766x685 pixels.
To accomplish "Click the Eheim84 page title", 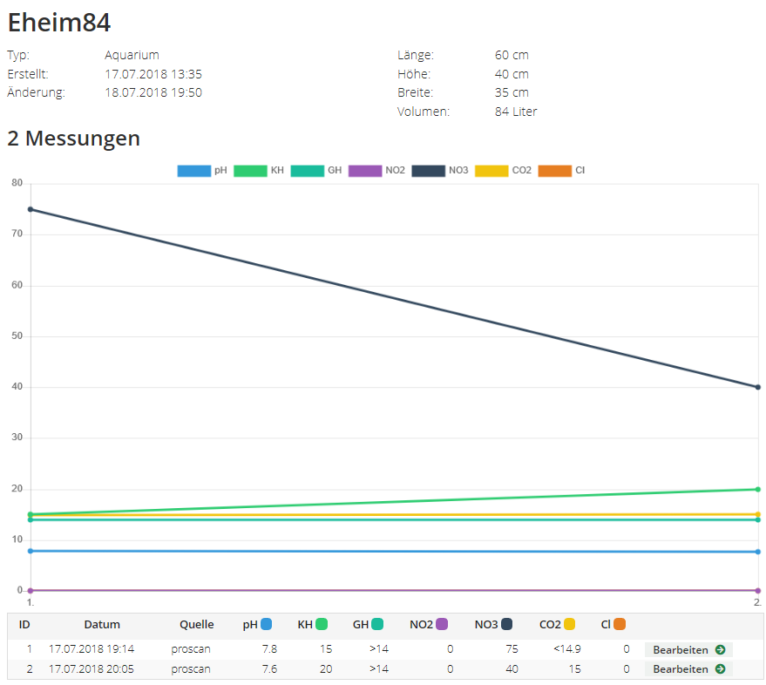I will pos(59,23).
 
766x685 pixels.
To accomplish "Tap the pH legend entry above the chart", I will pos(202,170).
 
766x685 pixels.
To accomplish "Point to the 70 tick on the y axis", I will pos(17,234).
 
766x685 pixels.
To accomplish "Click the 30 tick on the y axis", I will pos(17,437).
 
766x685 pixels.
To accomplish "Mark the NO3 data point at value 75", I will pos(31,209).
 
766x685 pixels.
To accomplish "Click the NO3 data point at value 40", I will pos(758,387).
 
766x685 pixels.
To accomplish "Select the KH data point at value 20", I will pos(758,489).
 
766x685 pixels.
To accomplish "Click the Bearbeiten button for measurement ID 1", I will pos(688,649).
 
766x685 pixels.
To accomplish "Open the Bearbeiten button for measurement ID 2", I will pos(688,669).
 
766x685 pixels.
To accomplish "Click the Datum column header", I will pos(102,624).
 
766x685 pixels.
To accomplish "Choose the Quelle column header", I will pos(197,624).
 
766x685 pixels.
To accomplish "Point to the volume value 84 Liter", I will pos(516,112).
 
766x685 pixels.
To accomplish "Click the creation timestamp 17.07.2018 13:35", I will pos(153,74).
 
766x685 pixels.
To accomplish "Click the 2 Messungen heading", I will pos(74,139).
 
